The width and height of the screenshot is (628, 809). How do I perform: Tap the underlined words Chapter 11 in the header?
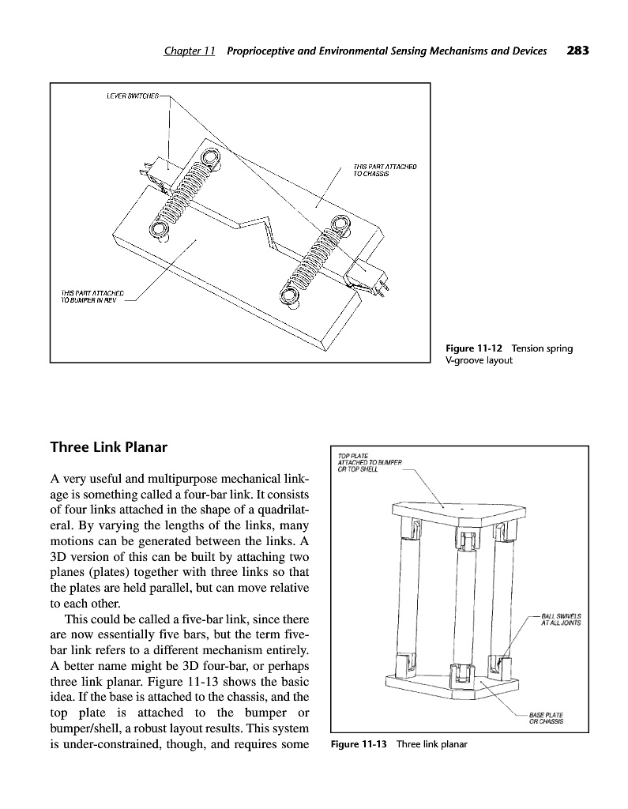[x=190, y=52]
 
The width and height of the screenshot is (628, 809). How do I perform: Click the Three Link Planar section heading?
[x=109, y=448]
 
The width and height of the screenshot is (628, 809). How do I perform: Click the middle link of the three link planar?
[x=460, y=600]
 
